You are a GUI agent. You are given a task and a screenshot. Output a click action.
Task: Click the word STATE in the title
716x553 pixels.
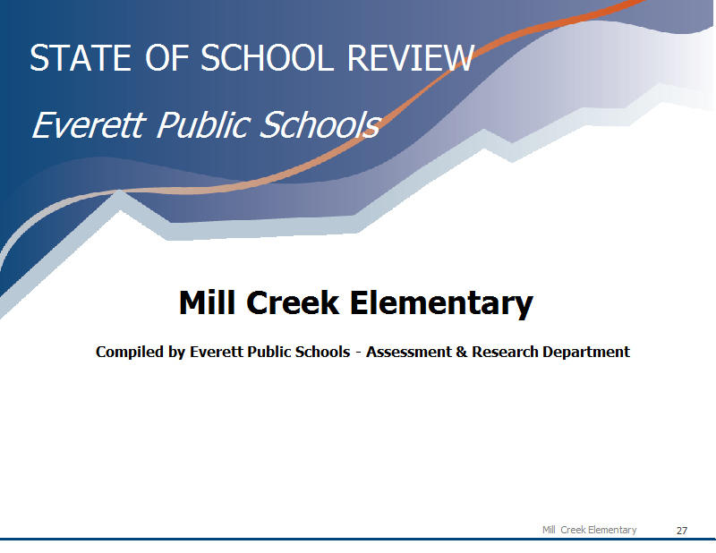click(81, 58)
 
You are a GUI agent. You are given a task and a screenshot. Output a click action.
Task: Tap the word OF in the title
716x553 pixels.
click(167, 58)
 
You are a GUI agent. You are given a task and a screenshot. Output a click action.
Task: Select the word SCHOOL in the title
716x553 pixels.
click(267, 58)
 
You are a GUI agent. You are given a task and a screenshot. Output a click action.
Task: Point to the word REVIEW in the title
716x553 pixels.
click(411, 58)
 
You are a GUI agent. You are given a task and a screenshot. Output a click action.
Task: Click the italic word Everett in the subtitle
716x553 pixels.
click(89, 124)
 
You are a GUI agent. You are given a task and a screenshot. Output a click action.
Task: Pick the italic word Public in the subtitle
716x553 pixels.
click(204, 126)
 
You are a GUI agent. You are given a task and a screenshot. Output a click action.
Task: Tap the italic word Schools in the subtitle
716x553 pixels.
click(320, 124)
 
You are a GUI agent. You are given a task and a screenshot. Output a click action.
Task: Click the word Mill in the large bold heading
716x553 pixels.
click(207, 302)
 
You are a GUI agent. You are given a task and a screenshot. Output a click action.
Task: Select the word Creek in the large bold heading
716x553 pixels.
click(294, 302)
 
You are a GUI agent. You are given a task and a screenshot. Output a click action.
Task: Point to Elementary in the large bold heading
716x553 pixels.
click(441, 303)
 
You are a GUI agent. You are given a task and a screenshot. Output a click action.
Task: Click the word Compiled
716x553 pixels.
click(130, 352)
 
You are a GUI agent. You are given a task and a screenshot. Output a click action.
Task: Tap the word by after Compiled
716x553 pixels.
click(176, 352)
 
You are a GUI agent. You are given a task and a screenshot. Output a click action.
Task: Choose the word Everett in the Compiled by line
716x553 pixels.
click(217, 352)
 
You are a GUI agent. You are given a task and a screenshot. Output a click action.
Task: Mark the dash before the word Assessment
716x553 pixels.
click(358, 353)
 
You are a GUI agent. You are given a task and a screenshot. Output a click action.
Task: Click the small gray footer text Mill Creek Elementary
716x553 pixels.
click(590, 530)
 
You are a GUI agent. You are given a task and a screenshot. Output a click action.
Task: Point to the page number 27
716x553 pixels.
click(682, 530)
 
